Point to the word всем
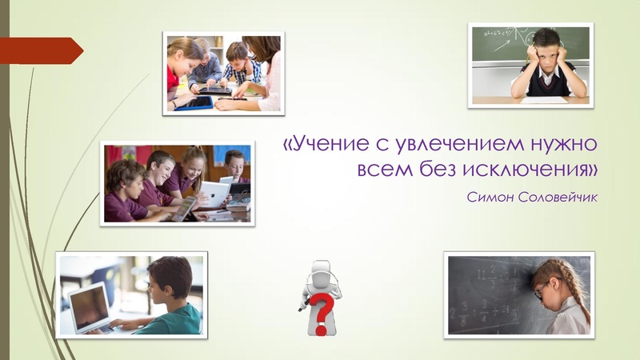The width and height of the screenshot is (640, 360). click(383, 170)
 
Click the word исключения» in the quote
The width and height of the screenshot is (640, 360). click(527, 170)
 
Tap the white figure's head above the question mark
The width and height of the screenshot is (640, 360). click(321, 270)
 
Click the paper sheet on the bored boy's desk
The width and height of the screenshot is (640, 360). click(544, 99)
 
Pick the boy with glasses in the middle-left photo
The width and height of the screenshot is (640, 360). click(234, 167)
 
